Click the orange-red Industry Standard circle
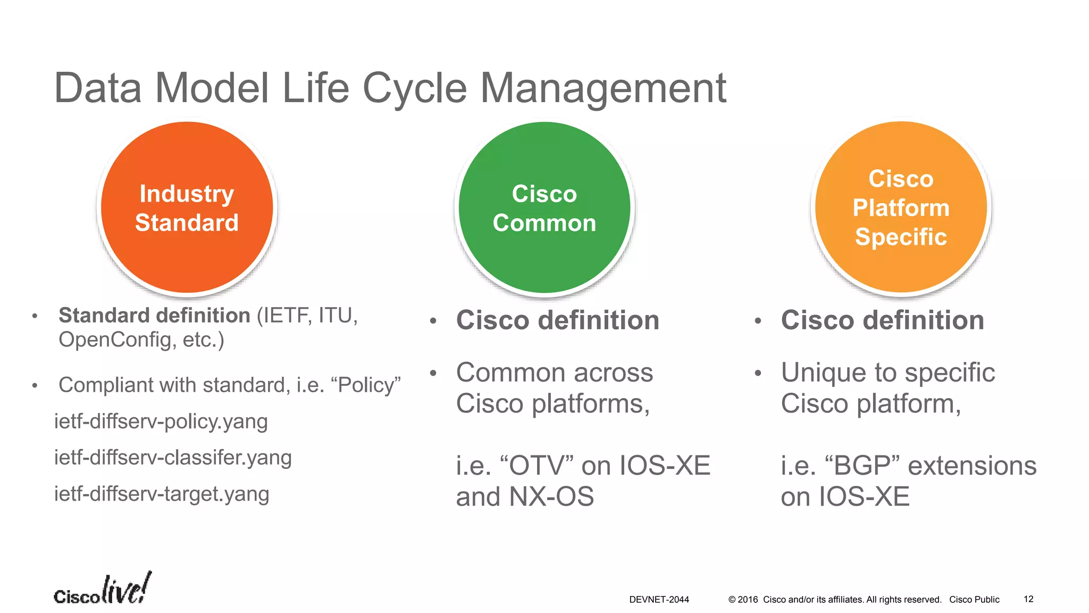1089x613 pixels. (187, 208)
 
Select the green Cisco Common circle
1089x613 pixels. (544, 208)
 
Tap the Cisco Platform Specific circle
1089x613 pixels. (901, 208)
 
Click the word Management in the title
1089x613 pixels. (603, 88)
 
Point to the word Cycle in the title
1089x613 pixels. (414, 88)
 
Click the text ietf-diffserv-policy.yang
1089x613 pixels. (161, 421)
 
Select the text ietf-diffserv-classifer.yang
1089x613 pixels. (173, 458)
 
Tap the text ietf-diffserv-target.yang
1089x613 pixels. (162, 494)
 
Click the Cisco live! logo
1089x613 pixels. (102, 590)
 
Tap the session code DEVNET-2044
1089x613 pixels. (659, 600)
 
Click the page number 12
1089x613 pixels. (1028, 599)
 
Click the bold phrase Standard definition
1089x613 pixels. (154, 316)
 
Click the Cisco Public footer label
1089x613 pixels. (974, 600)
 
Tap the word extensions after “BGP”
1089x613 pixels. (972, 466)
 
